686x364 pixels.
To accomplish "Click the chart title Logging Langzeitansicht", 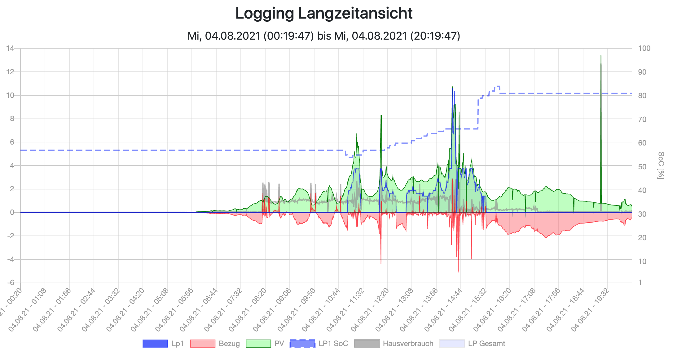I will pos(324,14).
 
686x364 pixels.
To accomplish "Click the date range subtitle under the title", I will pos(324,36).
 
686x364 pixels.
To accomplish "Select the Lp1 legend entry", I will pos(163,344).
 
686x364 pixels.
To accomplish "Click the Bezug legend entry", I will pos(215,344).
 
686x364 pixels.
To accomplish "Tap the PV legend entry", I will pos(265,344).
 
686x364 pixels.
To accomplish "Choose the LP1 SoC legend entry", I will pos(319,344).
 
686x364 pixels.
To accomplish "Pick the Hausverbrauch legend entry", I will pos(394,344).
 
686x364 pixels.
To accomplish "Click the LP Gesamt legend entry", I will pos(472,344).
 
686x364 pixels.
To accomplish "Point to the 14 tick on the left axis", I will pos(11,48).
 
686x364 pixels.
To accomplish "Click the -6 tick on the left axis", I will pos(11,283).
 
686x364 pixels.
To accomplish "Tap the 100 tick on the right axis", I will pos(644,48).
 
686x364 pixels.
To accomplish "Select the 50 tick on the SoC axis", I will pos(642,167).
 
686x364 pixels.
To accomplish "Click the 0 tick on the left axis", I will pos(12,212).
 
